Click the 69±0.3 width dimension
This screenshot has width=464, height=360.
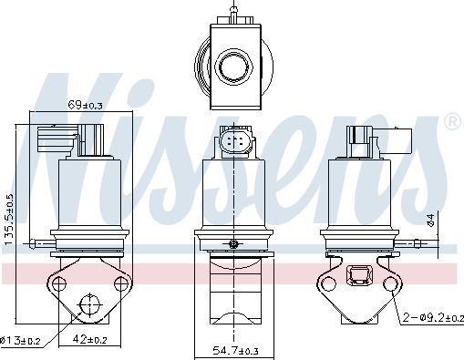pos(85,105)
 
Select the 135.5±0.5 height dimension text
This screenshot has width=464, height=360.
pos(9,220)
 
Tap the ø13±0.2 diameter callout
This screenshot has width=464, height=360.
pos(20,341)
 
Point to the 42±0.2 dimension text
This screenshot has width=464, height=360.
pos(89,339)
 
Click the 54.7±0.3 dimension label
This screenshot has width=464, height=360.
pos(235,351)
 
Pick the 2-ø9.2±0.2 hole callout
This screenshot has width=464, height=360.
pos(433,318)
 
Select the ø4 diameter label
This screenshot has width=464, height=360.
pos(430,220)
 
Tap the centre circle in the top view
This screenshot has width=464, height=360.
pos(233,67)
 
